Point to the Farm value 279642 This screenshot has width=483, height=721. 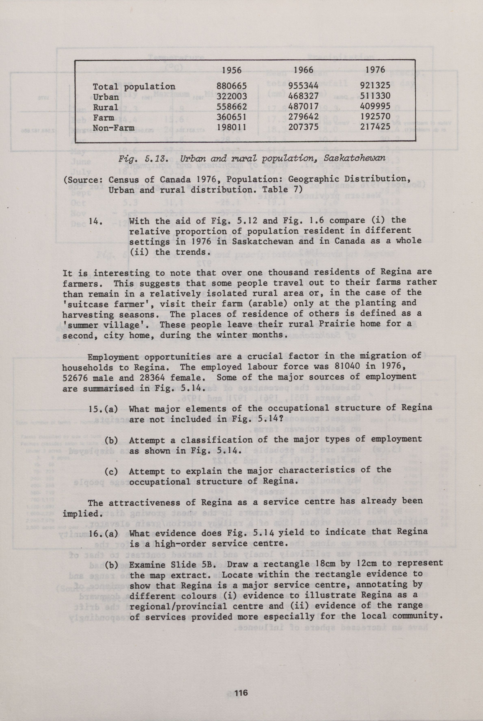click(303, 117)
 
